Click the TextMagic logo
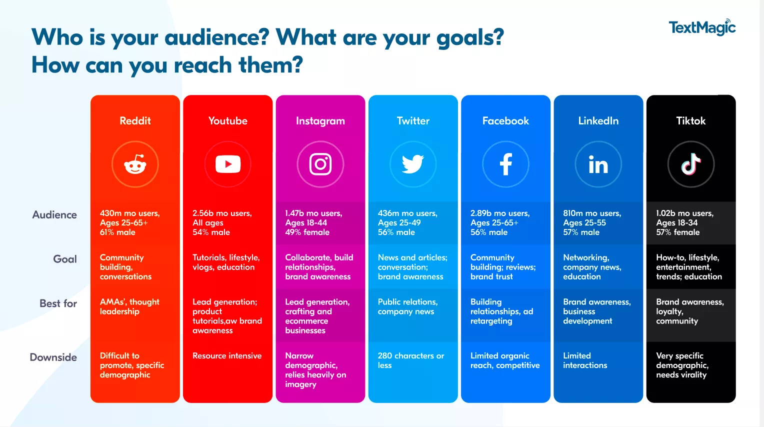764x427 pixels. coord(702,27)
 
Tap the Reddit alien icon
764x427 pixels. coord(135,164)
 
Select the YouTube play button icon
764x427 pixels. coord(228,164)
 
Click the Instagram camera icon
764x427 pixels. coord(320,164)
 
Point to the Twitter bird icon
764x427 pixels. coord(413,164)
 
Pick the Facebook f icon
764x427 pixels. coord(505,164)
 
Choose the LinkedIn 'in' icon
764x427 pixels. coord(598,164)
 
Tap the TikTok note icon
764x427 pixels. coord(691,164)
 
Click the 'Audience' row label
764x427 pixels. coord(54,215)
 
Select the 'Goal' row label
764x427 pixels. coord(65,259)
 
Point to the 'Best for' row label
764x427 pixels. coord(58,303)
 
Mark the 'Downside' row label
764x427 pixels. coord(53,357)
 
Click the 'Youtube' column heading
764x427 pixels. coord(228,121)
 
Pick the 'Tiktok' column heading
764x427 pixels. coord(691,121)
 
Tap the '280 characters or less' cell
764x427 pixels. coord(410,360)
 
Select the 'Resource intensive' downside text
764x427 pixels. coord(227,356)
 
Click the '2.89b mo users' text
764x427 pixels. coord(500,213)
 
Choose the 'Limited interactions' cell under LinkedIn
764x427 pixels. coord(585,360)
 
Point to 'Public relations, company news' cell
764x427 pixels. coord(407,306)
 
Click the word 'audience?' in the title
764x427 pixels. coord(217,37)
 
